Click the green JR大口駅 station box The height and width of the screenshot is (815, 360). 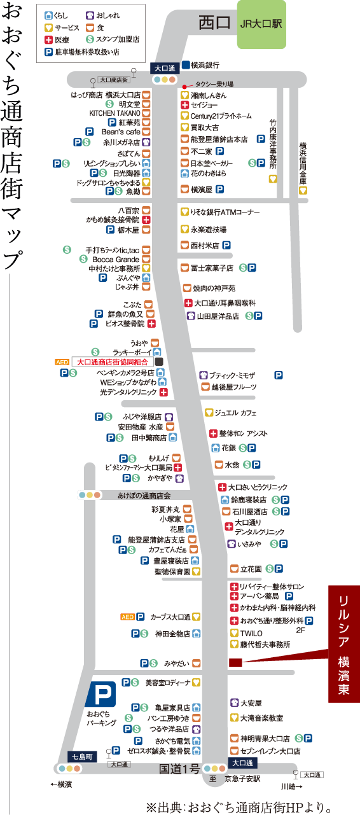tap(261, 24)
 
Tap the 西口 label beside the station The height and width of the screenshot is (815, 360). tap(214, 23)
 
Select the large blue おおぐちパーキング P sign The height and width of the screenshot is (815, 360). tap(100, 694)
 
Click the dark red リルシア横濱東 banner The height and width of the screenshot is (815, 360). tap(344, 644)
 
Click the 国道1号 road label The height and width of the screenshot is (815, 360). tap(179, 769)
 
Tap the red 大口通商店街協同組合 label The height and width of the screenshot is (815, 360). tap(113, 362)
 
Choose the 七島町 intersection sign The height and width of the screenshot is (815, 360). tap(82, 757)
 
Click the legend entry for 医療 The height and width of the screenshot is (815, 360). tap(57, 39)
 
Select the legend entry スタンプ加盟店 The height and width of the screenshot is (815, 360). tap(113, 39)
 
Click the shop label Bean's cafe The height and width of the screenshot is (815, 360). tap(121, 132)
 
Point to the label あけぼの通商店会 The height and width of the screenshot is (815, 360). tap(144, 496)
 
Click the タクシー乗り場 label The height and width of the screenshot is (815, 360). tap(214, 85)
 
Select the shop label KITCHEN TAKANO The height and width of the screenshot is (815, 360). tap(114, 113)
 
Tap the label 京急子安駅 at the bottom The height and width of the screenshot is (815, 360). tap(242, 779)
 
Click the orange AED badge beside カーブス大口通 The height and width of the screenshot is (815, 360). tap(128, 617)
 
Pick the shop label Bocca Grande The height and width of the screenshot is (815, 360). tap(116, 260)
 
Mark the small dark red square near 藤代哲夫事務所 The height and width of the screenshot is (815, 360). tap(235, 662)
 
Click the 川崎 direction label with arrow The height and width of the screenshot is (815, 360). tap(292, 787)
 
